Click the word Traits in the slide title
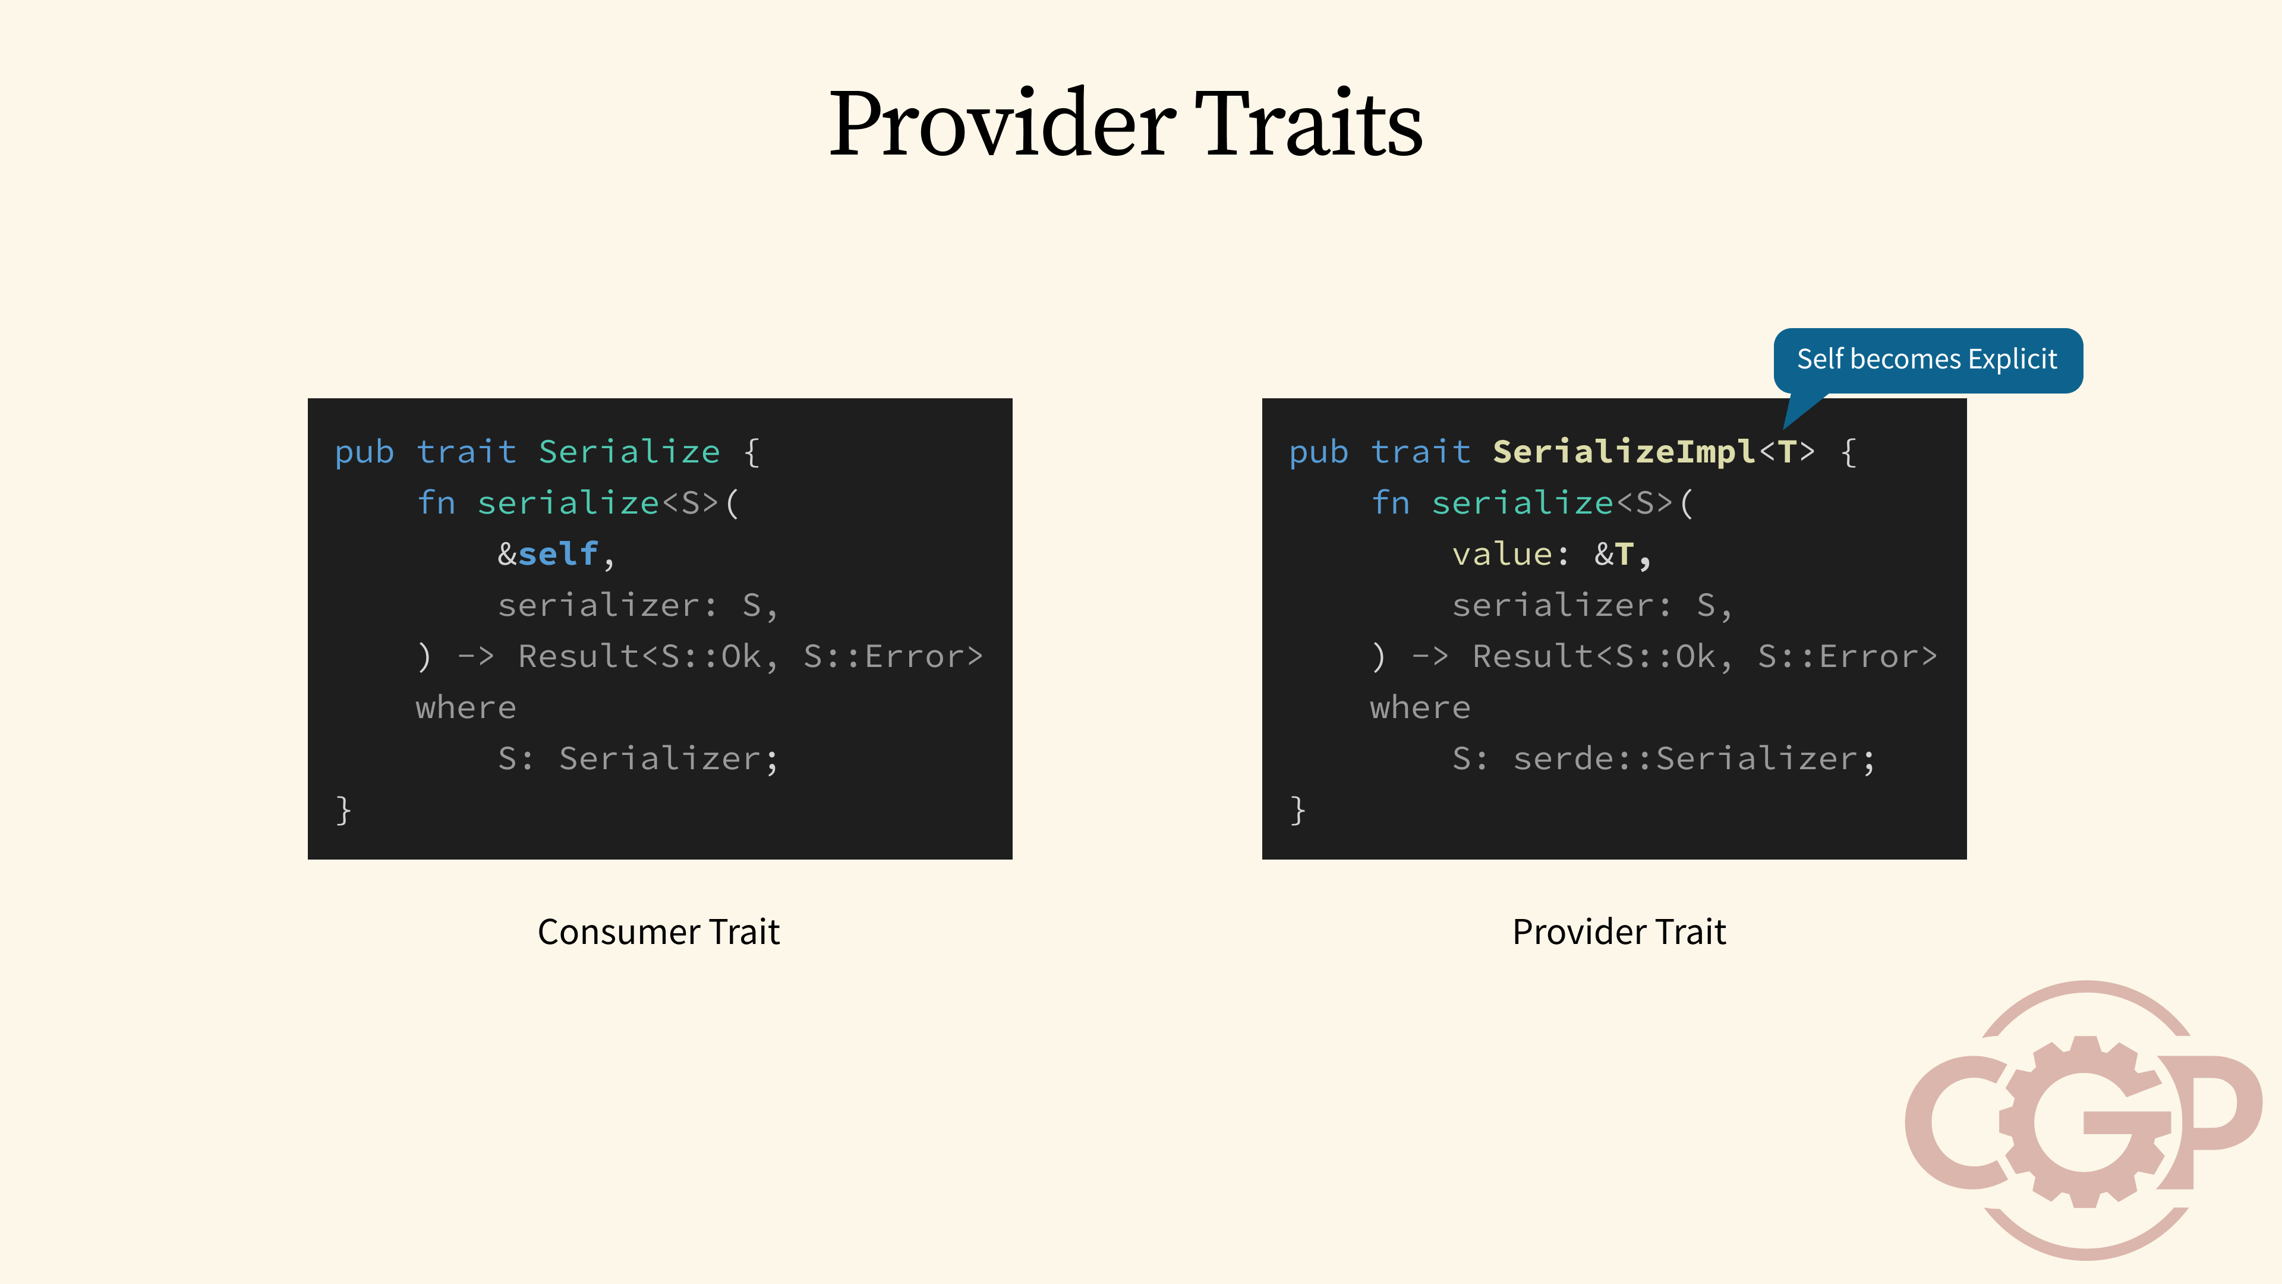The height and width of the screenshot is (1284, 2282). click(x=1309, y=124)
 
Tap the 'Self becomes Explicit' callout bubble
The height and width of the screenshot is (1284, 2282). click(x=1928, y=360)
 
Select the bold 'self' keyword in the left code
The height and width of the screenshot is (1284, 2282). click(x=558, y=554)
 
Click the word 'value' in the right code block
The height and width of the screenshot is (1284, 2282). click(x=1502, y=554)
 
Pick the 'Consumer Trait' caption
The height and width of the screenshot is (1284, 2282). click(x=658, y=931)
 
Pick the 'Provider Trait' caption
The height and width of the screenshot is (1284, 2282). click(x=1618, y=931)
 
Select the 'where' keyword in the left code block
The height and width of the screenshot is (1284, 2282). click(x=466, y=707)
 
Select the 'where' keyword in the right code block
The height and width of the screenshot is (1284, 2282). click(x=1420, y=707)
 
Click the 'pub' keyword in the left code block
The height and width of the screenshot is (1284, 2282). click(x=364, y=453)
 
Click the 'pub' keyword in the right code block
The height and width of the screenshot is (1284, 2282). click(x=1318, y=453)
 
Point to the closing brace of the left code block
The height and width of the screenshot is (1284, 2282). click(x=343, y=810)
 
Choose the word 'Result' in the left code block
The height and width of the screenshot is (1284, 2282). click(x=578, y=657)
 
